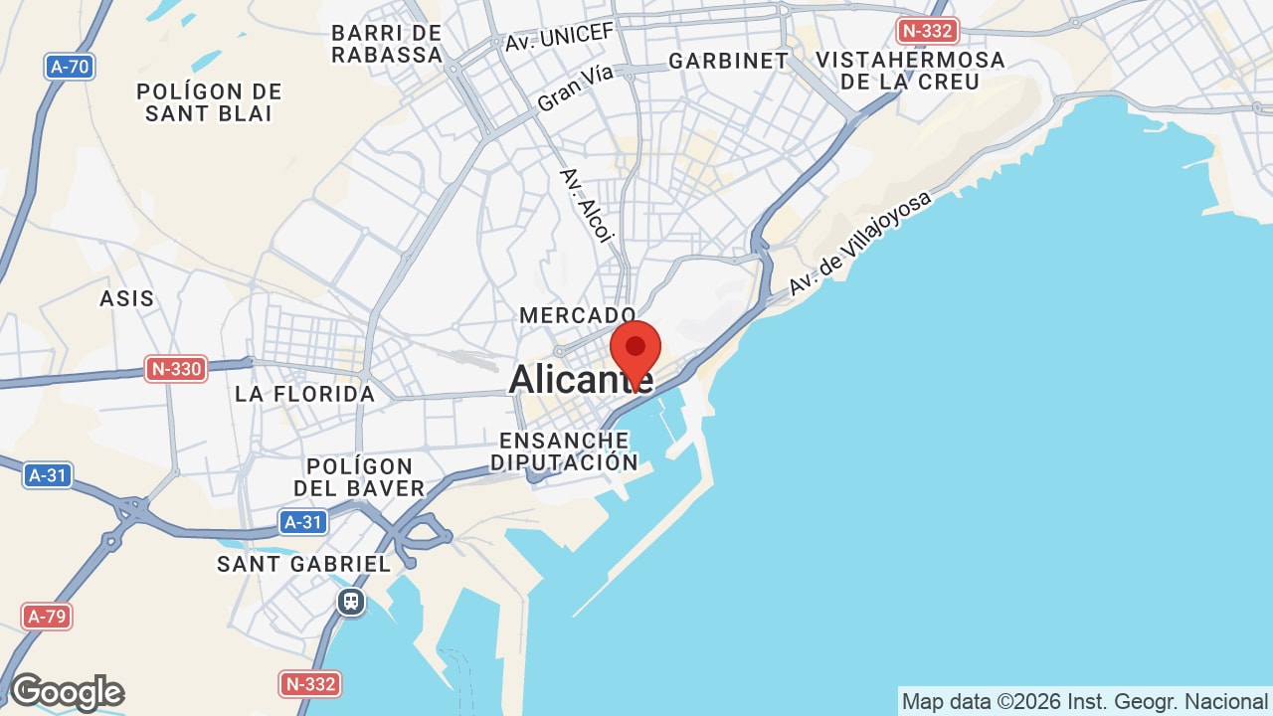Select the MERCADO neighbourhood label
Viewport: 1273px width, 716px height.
pos(578,315)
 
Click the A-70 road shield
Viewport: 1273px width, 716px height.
pos(70,67)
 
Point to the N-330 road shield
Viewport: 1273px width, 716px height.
pos(176,370)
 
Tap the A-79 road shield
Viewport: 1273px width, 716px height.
pos(47,617)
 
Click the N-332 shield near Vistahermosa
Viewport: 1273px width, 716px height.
pos(926,31)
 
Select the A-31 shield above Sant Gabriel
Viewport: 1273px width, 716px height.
pos(303,522)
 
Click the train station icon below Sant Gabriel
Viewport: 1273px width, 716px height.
pos(350,602)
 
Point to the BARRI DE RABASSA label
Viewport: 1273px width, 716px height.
pos(387,45)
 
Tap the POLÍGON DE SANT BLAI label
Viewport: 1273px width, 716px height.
pos(209,102)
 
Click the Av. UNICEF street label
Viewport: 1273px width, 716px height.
pos(560,37)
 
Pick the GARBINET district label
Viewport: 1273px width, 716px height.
pos(728,61)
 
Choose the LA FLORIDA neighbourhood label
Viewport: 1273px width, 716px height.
pos(305,394)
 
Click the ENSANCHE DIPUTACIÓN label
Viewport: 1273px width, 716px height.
pos(564,451)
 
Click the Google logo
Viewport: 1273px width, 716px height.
pos(67,692)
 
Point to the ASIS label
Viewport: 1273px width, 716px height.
pos(127,298)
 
